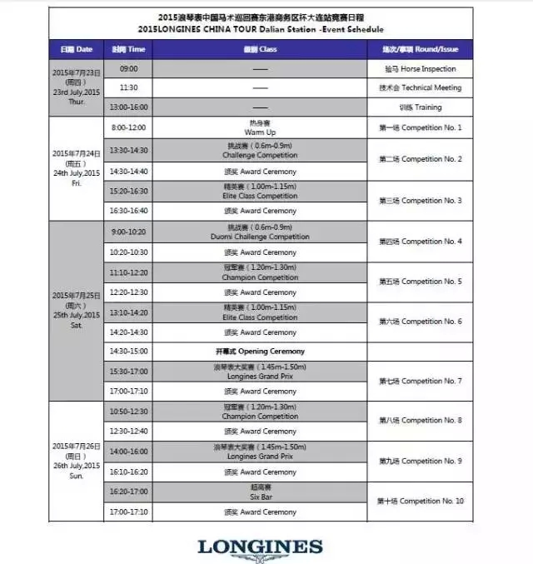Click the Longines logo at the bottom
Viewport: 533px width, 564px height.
point(259,547)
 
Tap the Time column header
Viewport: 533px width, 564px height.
point(128,49)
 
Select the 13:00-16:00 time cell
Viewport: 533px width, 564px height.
point(128,107)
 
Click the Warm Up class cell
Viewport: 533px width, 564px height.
point(260,128)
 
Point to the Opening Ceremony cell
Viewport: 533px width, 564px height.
point(260,352)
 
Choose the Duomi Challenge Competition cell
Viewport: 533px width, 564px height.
point(260,232)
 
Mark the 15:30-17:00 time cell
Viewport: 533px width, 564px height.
point(128,372)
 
